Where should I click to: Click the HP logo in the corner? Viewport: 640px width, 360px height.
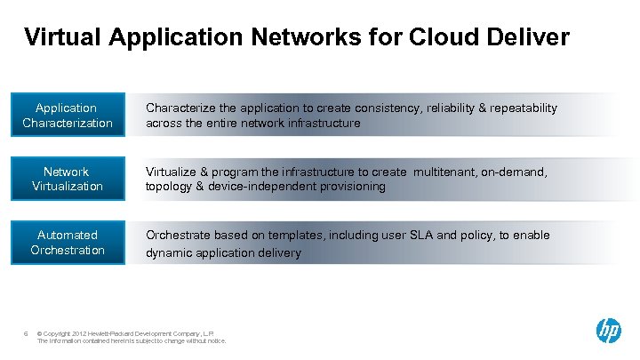point(608,331)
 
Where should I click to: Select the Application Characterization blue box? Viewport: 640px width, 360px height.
point(68,116)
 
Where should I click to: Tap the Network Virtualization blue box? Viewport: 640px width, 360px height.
point(68,179)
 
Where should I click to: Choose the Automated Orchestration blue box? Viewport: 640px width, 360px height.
point(68,243)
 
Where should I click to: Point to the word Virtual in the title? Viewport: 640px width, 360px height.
point(62,37)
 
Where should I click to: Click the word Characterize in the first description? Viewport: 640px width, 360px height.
point(179,108)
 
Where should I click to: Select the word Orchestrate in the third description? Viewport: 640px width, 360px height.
point(178,236)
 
